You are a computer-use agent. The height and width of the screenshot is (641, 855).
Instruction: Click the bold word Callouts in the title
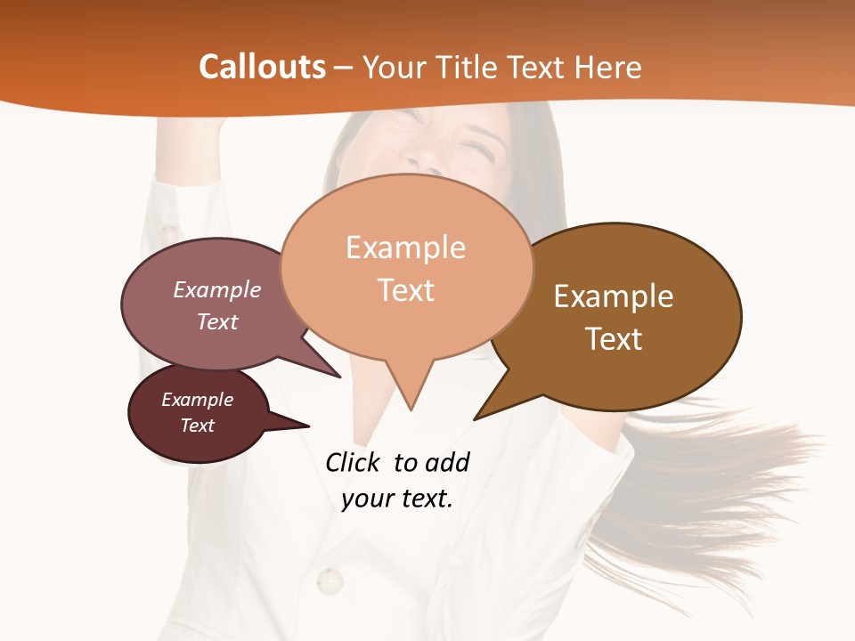click(x=262, y=67)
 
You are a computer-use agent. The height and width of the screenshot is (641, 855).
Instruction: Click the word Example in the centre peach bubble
click(x=405, y=247)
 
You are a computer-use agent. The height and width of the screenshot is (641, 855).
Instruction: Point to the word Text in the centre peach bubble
click(x=406, y=290)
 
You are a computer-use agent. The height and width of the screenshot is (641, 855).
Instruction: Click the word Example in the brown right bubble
click(x=614, y=296)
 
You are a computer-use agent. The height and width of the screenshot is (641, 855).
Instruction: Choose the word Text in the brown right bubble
click(x=614, y=339)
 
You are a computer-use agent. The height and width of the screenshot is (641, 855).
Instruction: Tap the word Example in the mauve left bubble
click(x=217, y=289)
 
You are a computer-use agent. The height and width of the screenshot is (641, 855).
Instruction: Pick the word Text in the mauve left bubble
click(x=217, y=321)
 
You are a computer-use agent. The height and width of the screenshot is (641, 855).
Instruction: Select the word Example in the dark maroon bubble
click(x=198, y=400)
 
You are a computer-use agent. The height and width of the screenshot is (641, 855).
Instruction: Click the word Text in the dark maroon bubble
click(x=198, y=426)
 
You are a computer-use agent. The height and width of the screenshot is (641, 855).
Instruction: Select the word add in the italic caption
click(x=447, y=462)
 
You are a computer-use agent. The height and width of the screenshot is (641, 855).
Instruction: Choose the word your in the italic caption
click(x=367, y=499)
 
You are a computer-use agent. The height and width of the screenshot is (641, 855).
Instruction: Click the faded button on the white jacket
click(x=330, y=581)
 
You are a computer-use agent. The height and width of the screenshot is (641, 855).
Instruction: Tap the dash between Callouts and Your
click(x=345, y=68)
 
